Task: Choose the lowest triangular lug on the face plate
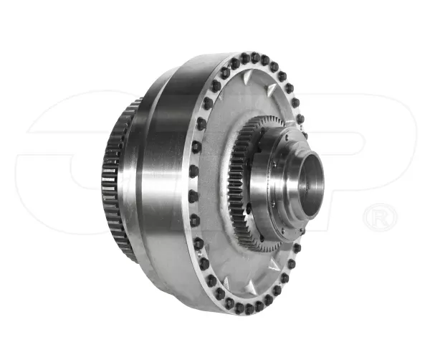pyautogui.click(x=250, y=286)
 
